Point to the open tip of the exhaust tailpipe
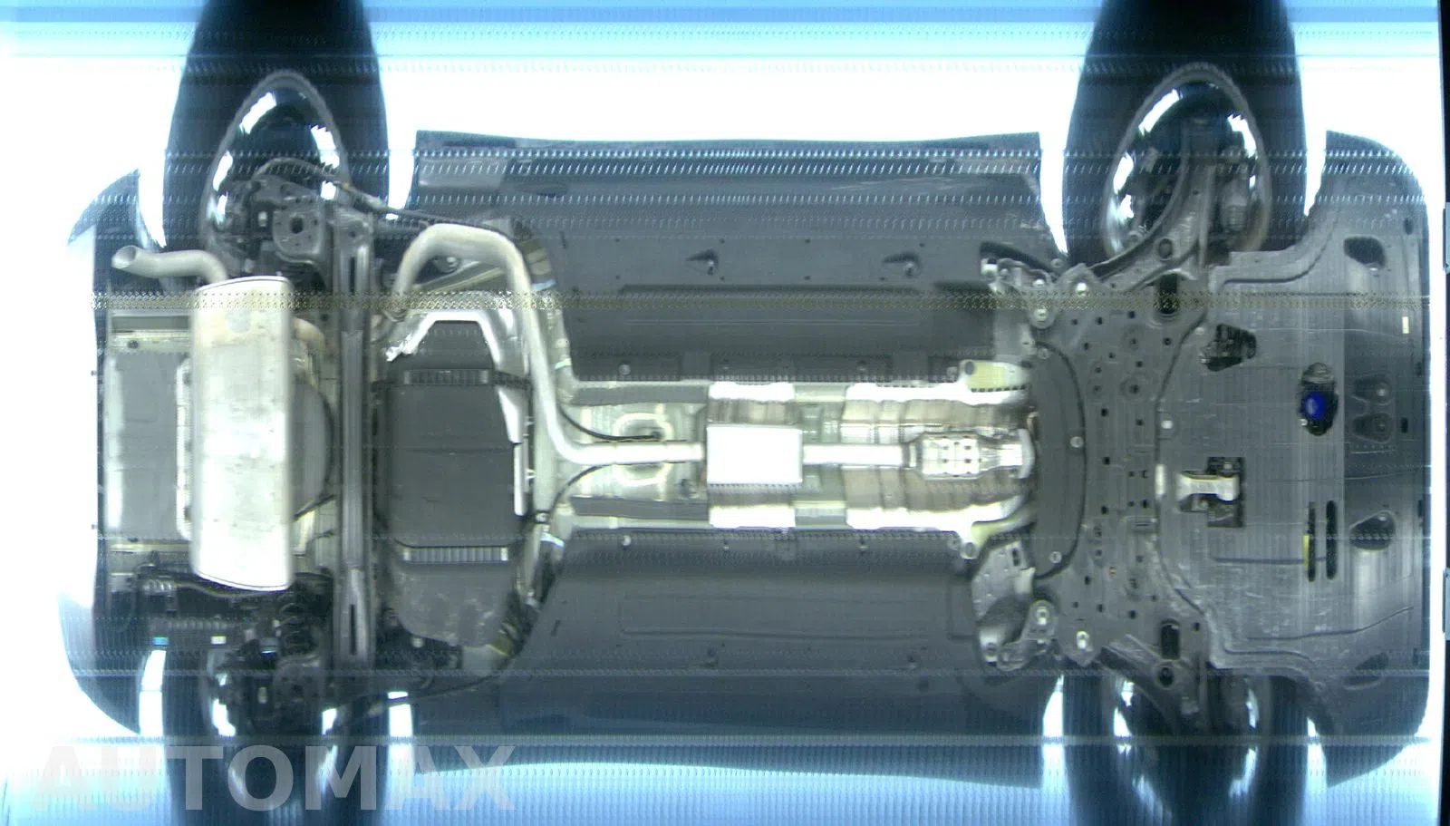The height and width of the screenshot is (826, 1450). pos(121,259)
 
